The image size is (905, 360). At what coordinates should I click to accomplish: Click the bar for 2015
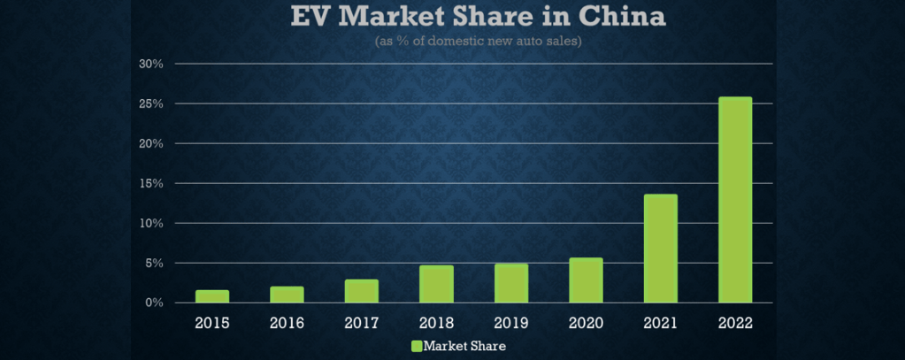click(x=212, y=296)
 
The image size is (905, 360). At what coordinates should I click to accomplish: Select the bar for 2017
click(x=361, y=291)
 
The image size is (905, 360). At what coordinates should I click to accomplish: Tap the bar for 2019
click(x=511, y=283)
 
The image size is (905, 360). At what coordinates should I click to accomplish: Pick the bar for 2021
click(x=660, y=249)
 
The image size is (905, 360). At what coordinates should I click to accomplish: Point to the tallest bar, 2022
click(x=735, y=200)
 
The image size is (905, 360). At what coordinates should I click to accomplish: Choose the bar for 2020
click(x=586, y=280)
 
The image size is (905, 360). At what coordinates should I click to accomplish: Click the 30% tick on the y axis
click(x=151, y=64)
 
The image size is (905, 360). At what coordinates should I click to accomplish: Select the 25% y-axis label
click(x=151, y=103)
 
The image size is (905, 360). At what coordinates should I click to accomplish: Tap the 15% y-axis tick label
click(x=151, y=183)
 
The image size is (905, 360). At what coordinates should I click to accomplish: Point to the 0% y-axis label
click(x=154, y=303)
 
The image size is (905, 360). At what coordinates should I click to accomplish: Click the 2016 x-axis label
click(x=287, y=323)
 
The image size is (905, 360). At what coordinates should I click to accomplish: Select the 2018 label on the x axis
click(x=436, y=323)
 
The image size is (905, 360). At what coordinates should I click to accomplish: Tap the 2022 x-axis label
click(x=735, y=323)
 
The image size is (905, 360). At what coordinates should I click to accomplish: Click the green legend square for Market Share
click(x=417, y=345)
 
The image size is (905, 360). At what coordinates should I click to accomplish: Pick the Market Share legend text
click(x=464, y=345)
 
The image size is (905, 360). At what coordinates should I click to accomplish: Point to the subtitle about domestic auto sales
click(x=478, y=41)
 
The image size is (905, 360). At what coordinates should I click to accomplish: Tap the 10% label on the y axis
click(x=151, y=223)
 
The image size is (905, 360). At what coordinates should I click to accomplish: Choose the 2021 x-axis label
click(x=660, y=323)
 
